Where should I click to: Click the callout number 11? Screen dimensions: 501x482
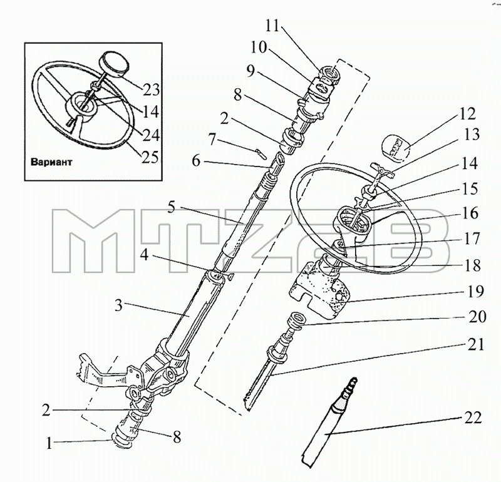(272, 26)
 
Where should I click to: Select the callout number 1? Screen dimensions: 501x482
(49, 443)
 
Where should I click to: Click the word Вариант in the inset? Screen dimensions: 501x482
(51, 162)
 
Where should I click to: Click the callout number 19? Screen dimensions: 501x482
(475, 291)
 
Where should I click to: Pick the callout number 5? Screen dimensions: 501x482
(171, 208)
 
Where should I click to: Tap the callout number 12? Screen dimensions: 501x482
(468, 114)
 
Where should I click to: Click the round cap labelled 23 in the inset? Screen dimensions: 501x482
(113, 65)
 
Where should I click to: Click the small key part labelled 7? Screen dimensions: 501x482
(260, 153)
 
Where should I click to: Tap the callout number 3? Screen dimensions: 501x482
(118, 305)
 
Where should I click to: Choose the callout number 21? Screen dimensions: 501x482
(477, 345)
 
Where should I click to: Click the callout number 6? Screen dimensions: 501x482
(196, 161)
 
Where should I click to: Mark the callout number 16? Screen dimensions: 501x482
(471, 213)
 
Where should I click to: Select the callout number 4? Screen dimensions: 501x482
(145, 254)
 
